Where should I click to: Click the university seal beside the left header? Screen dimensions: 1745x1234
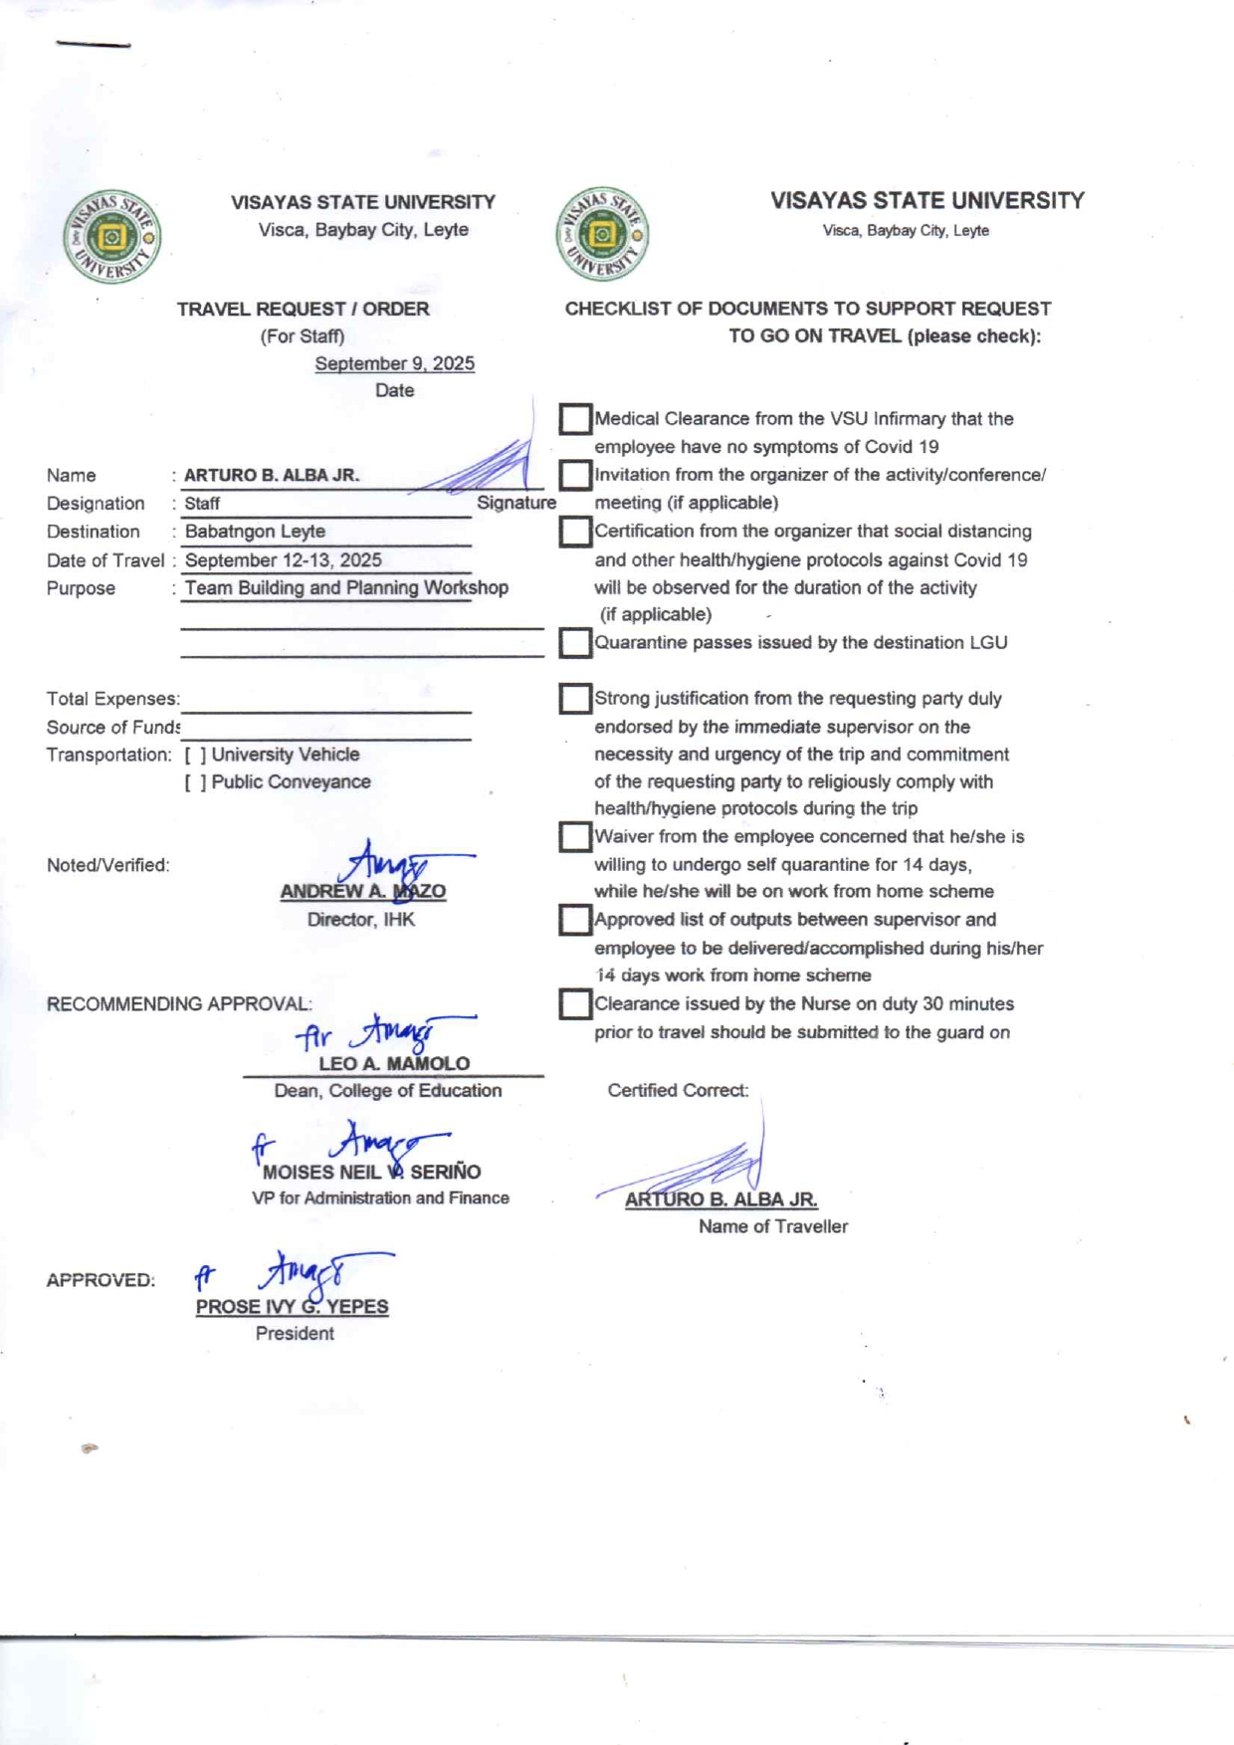[112, 237]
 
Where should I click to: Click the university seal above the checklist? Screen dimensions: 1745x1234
[602, 234]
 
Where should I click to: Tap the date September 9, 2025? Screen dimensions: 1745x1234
[394, 363]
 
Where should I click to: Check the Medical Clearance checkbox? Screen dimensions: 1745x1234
[575, 419]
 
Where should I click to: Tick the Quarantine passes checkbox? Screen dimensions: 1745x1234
[575, 643]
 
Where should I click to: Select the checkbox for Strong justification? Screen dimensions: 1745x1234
[575, 699]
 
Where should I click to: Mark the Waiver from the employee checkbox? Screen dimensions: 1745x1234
[575, 836]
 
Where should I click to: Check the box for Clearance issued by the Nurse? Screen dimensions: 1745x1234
[575, 1003]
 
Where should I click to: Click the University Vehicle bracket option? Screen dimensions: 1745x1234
[195, 755]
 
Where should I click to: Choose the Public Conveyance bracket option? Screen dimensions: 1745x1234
[195, 782]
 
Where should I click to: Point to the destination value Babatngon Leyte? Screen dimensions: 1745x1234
[255, 532]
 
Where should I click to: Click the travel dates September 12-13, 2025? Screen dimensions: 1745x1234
[283, 560]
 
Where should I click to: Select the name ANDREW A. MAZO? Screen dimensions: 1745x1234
[362, 892]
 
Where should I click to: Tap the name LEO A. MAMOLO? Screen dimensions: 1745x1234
[394, 1063]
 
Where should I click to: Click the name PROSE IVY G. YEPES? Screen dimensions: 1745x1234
[292, 1307]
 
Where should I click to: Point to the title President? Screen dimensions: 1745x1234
[295, 1334]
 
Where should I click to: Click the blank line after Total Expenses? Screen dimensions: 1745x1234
[325, 700]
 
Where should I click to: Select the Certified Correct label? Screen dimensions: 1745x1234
[678, 1091]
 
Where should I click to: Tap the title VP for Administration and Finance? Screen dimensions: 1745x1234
[380, 1199]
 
